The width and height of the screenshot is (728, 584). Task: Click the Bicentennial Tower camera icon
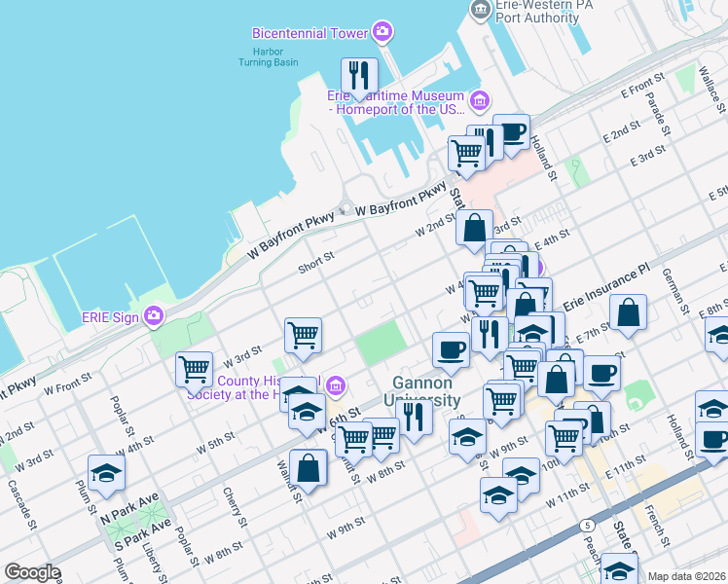(x=382, y=32)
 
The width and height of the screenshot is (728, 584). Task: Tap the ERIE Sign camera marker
(x=154, y=315)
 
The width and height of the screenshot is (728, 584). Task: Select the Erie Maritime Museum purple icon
(x=479, y=100)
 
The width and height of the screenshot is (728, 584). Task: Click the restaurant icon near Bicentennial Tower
(x=359, y=76)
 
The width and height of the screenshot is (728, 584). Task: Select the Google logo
(x=32, y=571)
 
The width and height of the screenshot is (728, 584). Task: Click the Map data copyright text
(x=686, y=576)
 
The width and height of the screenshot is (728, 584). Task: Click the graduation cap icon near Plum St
(x=106, y=474)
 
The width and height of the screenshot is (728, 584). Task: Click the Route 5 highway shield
(x=587, y=526)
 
